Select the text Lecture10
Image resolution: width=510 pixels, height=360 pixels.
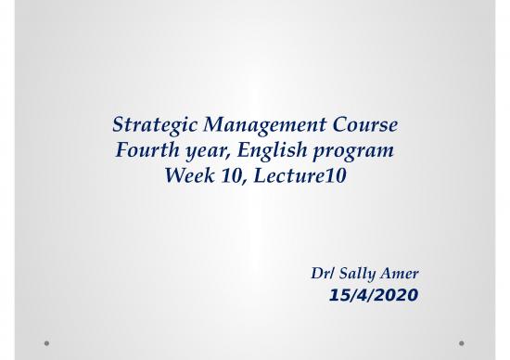point(295,174)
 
